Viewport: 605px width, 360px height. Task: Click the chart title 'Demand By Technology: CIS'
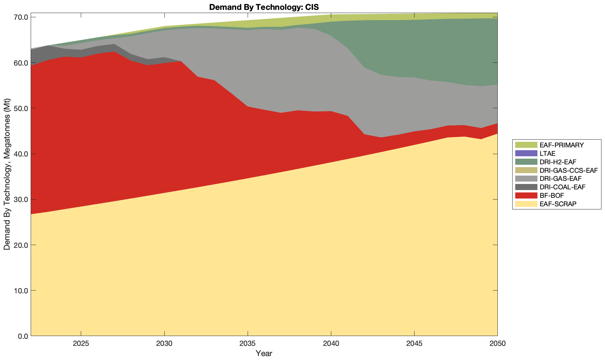point(264,7)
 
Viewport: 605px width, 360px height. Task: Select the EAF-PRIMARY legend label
point(562,145)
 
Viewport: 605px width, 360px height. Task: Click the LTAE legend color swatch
point(526,153)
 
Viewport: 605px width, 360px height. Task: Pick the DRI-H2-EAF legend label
point(558,162)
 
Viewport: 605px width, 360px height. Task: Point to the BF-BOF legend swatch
point(526,195)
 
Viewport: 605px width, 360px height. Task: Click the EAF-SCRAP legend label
point(558,204)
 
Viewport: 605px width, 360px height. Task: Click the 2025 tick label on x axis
point(81,344)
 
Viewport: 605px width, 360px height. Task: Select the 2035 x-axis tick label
point(248,344)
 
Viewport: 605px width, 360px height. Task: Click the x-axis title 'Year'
point(264,353)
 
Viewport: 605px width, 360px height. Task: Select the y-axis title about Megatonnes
point(7,175)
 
